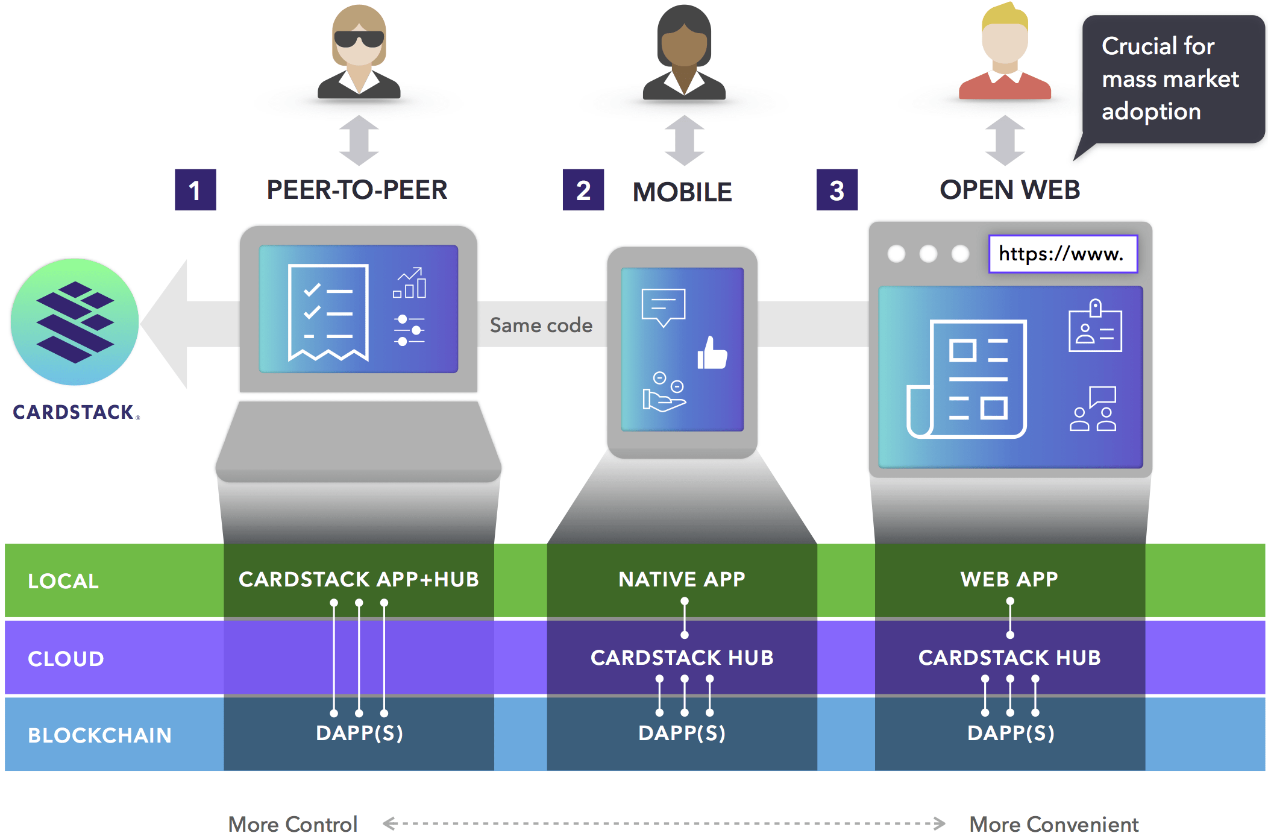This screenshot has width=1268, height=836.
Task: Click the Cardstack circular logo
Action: pos(75,321)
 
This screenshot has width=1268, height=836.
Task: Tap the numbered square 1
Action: pos(195,190)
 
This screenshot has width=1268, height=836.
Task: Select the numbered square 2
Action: pos(583,190)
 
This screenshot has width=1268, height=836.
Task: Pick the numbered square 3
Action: pos(836,190)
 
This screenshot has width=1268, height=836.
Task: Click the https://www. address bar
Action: pos(1062,254)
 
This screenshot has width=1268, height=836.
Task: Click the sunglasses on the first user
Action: pos(359,39)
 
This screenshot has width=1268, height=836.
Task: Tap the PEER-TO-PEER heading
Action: pos(357,190)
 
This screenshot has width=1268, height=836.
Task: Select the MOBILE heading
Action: pos(682,192)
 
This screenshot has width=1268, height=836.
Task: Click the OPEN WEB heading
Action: pos(1009,190)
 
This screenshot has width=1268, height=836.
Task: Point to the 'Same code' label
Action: pos(541,325)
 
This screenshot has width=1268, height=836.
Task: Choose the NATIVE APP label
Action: pos(682,579)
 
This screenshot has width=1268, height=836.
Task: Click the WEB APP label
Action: pos(1009,579)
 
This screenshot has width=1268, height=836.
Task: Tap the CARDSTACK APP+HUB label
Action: pos(359,579)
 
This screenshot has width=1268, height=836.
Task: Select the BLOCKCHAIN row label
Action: pos(99,735)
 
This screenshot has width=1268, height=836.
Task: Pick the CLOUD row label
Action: pos(66,659)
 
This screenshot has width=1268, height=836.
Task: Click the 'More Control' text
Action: pos(293,824)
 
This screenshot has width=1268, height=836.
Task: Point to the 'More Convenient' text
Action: pos(1053,824)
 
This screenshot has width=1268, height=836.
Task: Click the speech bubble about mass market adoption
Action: pos(1172,80)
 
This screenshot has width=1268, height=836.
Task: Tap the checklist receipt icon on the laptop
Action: pos(328,312)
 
